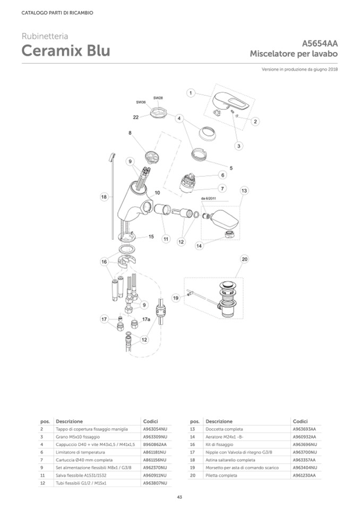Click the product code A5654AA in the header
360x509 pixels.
320,44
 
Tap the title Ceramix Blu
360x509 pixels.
66,51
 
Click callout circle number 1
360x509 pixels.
190,93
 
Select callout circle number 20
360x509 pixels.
244,259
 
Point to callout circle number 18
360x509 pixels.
104,196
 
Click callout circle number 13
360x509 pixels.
244,190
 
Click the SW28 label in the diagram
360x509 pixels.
158,98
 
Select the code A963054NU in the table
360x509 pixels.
155,428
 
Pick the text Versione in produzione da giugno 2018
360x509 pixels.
299,70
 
